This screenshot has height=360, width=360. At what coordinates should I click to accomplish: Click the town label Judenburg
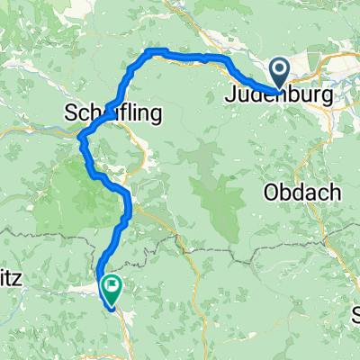point(280,94)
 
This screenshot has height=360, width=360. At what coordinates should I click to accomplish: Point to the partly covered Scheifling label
point(113,113)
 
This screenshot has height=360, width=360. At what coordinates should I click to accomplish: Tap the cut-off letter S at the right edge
point(355,315)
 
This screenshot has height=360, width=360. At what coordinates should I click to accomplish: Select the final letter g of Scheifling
point(155,115)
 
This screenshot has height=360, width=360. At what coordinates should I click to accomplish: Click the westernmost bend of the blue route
point(81,138)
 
